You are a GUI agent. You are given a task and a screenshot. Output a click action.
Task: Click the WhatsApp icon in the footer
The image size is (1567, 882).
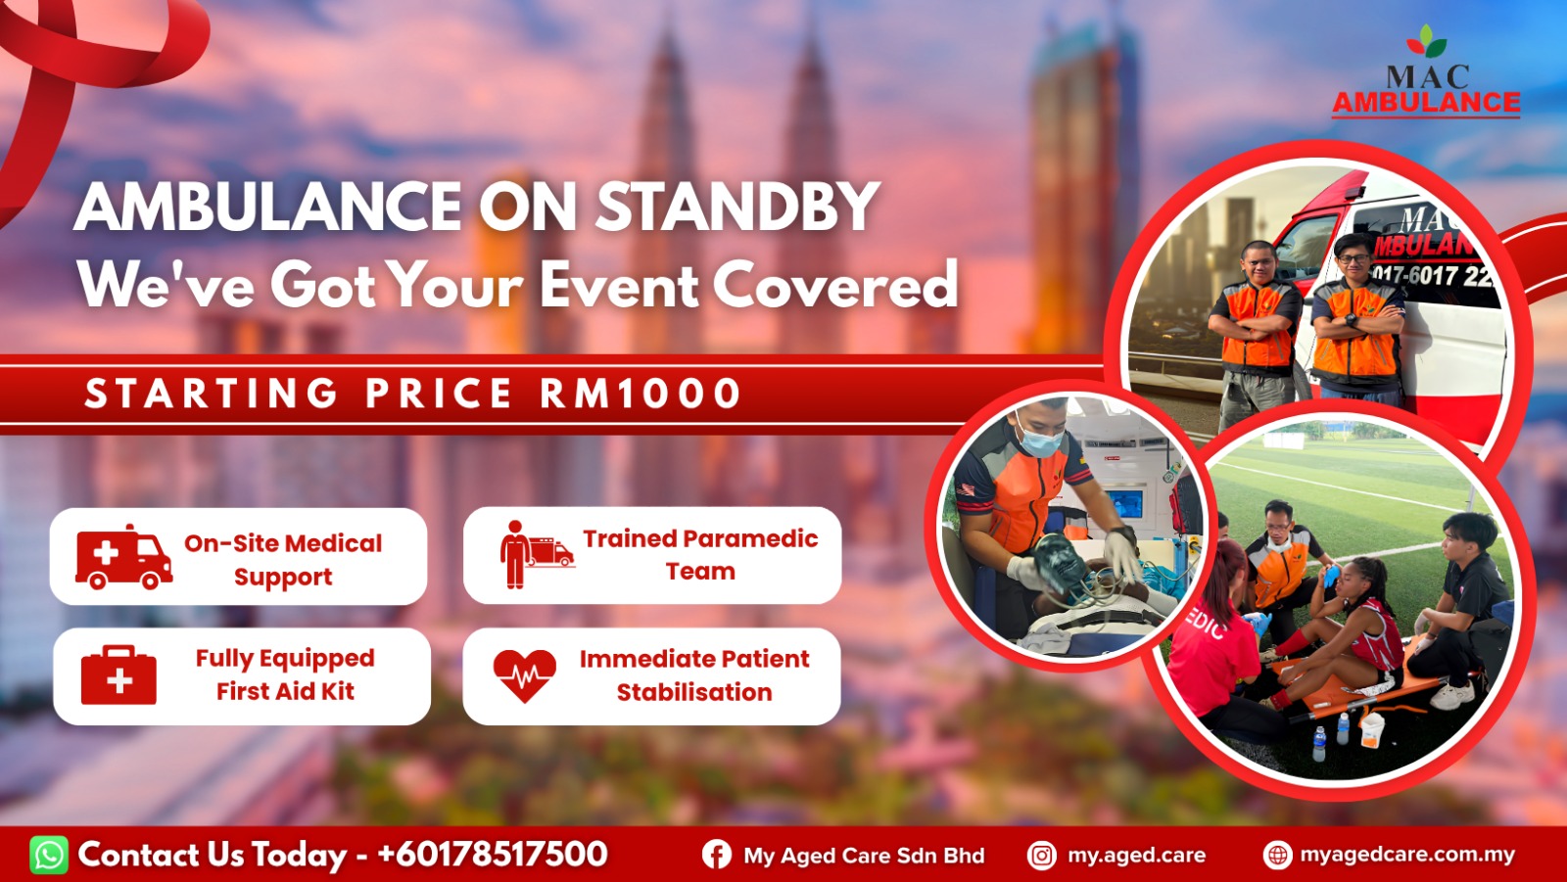49,855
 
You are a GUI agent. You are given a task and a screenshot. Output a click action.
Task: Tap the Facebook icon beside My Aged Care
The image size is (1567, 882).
716,855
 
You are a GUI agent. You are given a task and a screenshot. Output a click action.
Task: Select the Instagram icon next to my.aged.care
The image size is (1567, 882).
1042,856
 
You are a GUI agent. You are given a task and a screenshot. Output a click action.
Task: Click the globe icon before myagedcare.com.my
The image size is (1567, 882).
1277,855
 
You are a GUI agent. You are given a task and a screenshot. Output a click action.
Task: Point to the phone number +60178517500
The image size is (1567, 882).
493,854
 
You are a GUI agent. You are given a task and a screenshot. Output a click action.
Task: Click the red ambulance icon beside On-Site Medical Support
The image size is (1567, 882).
123,557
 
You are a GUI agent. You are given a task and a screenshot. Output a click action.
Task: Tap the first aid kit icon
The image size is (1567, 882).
119,675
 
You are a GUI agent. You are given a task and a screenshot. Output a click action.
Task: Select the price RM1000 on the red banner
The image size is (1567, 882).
641,394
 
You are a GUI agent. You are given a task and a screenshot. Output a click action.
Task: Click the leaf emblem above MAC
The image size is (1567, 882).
1426,42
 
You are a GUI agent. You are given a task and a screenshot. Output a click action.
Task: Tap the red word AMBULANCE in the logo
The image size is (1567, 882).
1426,103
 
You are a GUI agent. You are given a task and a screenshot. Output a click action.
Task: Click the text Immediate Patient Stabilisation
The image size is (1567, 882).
694,675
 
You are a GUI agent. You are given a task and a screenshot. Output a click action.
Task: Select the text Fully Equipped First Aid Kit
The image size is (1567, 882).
285,675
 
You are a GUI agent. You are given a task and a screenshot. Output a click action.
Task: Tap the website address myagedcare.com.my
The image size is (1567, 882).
1407,855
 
